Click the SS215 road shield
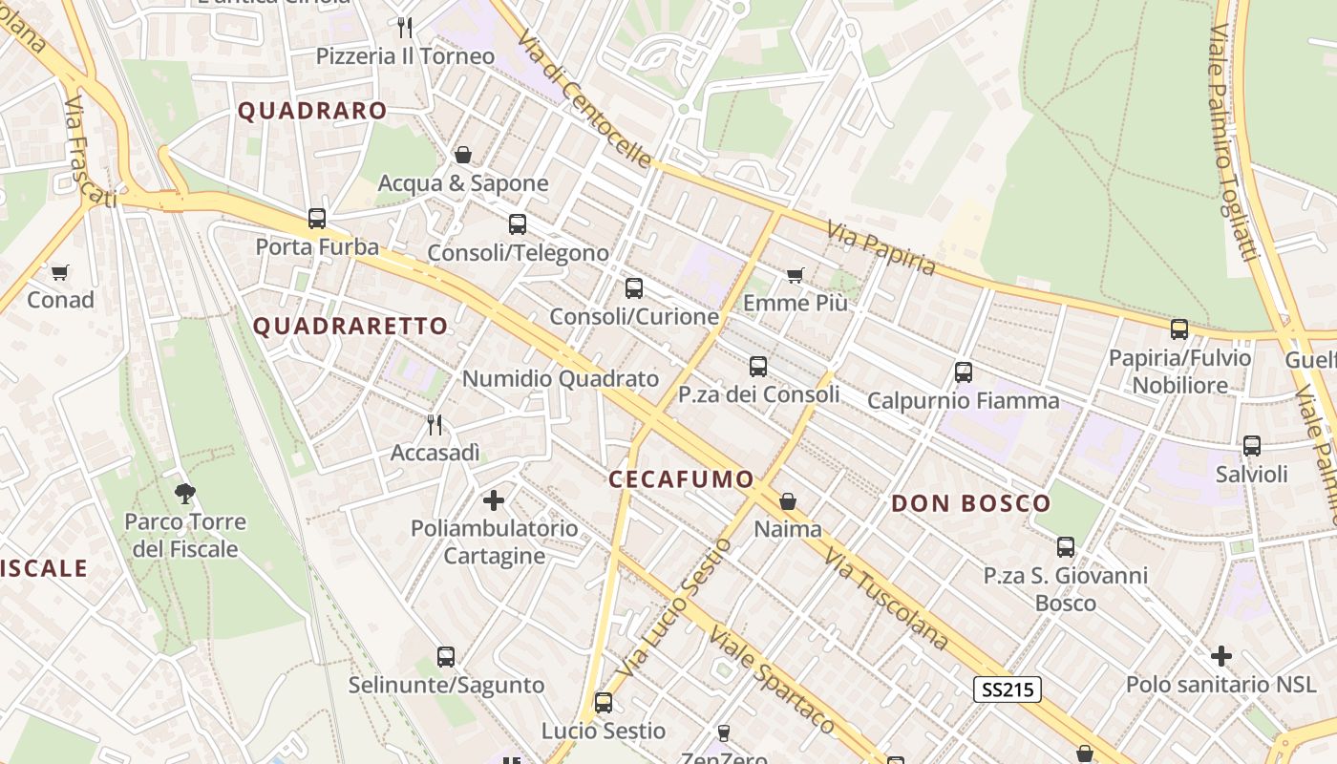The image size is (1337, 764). (1007, 690)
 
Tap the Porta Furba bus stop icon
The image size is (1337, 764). (317, 219)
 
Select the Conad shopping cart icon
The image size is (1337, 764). (60, 273)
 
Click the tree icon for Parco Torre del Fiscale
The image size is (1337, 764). (185, 493)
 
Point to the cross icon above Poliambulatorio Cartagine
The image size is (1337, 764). (494, 499)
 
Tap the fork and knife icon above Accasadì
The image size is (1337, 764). (435, 424)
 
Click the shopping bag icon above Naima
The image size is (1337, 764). (788, 501)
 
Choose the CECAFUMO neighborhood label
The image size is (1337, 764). (681, 479)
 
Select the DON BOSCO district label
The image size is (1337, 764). (970, 503)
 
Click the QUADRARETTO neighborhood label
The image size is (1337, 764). (350, 327)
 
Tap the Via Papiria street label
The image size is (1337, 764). (881, 248)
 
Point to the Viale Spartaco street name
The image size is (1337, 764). (772, 680)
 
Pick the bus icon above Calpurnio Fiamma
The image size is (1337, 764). (964, 372)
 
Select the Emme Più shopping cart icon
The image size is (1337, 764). (795, 276)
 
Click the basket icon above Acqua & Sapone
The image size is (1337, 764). (463, 155)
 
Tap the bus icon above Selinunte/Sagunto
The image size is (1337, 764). (446, 657)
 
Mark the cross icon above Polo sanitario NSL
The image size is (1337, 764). (1220, 656)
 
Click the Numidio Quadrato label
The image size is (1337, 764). (561, 379)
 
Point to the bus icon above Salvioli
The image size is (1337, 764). (1251, 445)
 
